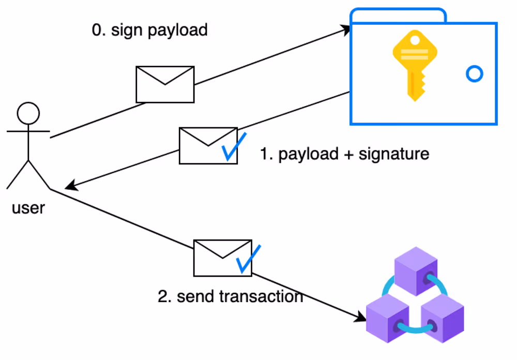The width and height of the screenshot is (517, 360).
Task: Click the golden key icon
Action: [x=414, y=65]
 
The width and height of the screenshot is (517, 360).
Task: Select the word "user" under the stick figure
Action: [x=28, y=208]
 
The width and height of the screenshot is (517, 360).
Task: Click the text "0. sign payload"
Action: [x=149, y=30]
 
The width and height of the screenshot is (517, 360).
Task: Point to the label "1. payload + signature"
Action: [x=344, y=154]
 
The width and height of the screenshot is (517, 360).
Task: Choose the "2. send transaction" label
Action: [x=230, y=296]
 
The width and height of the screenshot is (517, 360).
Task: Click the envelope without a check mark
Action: [x=165, y=84]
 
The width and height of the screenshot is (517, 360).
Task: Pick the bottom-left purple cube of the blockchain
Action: [x=387, y=317]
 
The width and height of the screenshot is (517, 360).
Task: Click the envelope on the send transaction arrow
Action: [x=222, y=258]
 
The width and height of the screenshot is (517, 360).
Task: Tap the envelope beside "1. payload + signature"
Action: [x=208, y=146]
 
